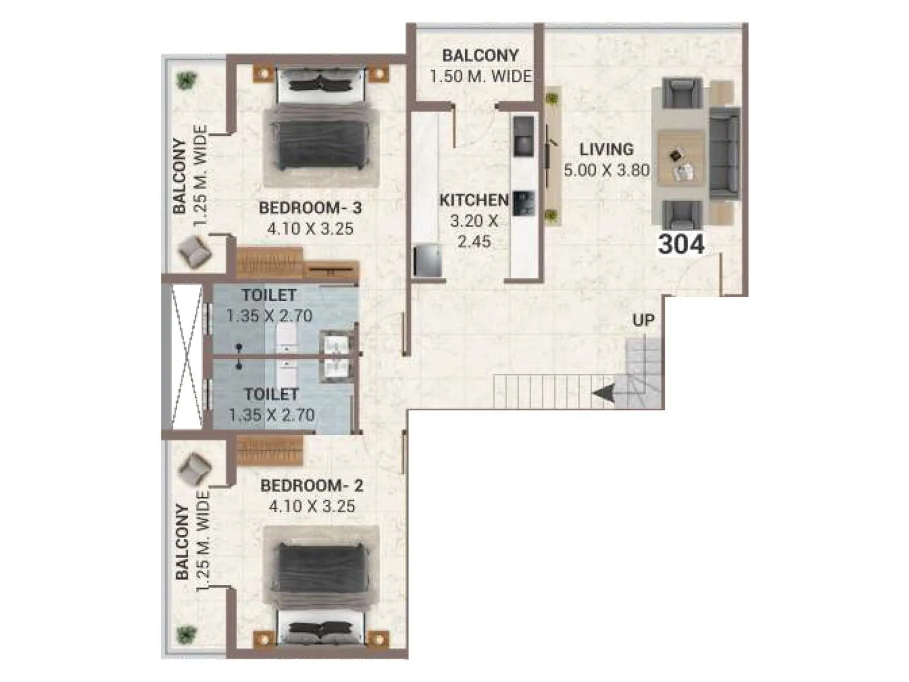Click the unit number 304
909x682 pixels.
pos(681,244)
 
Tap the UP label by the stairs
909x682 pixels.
pos(643,321)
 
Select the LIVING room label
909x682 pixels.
pos(606,149)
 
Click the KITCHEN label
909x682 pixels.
pos(474,200)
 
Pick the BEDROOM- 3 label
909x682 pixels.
pos(310,208)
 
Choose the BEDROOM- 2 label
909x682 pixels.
pos(311,486)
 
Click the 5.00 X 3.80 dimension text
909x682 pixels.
pos(606,170)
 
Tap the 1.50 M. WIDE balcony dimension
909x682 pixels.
pos(480,76)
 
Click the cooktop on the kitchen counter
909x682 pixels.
pos(523,136)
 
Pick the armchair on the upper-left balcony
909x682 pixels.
pos(194,251)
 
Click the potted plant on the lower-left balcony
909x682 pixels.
pos(185,633)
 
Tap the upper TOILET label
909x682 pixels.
pos(269,296)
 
